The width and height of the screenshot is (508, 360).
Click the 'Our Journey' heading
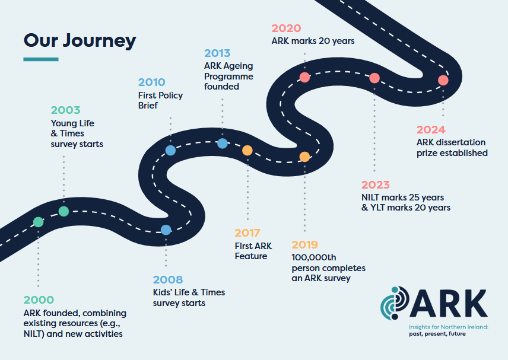80,40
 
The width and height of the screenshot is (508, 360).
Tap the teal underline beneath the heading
41,59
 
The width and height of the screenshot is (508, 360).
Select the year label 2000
39,300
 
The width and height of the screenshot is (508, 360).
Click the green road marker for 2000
39,222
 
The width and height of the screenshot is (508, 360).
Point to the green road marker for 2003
63,211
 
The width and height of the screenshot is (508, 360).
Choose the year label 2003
65,110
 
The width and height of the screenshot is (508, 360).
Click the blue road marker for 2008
166,230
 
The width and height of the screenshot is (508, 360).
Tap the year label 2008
168,280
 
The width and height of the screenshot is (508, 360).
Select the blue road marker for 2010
170,151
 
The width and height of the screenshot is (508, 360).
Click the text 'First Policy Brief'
161,100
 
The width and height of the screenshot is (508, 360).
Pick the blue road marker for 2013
223,143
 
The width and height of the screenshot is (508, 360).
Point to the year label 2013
217,53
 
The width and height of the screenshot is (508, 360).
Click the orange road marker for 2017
247,151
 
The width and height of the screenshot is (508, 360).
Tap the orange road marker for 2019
304,157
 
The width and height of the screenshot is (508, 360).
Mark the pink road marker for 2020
304,77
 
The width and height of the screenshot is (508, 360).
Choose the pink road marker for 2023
374,78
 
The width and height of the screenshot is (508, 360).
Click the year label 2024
431,129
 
